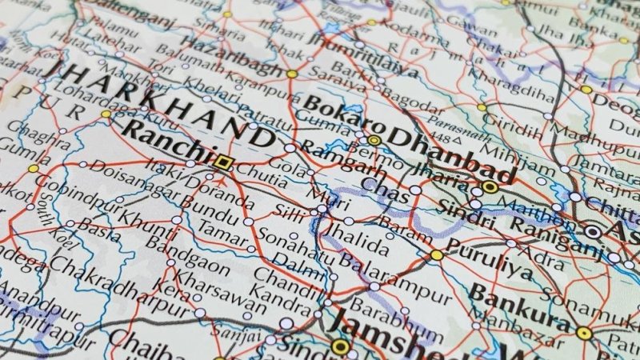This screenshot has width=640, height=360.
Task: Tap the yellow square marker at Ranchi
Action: click(224, 162)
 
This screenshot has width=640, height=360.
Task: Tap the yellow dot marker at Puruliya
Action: click(437, 255)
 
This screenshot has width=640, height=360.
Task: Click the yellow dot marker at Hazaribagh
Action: click(292, 74)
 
